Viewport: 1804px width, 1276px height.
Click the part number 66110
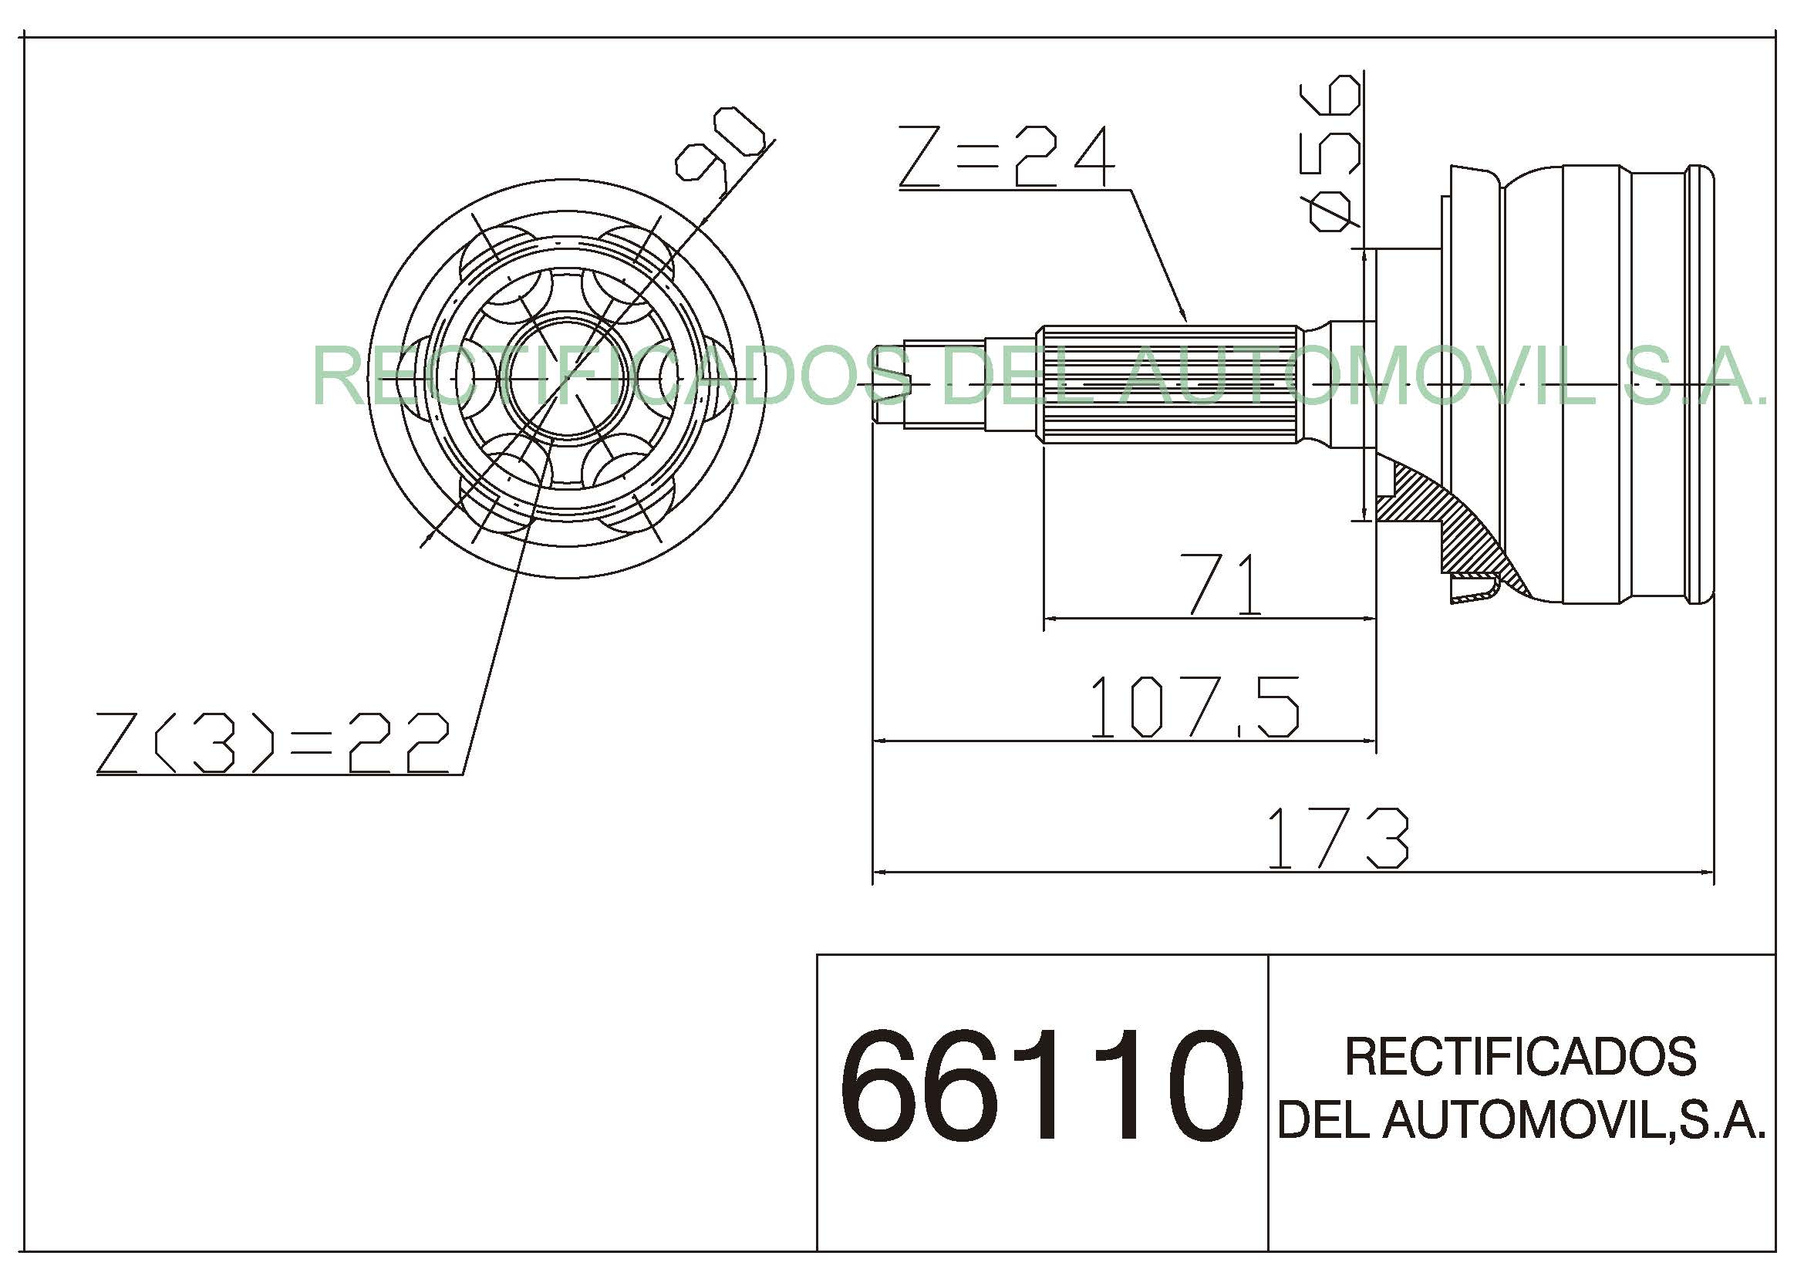[1041, 1085]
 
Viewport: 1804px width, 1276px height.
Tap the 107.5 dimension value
[1194, 707]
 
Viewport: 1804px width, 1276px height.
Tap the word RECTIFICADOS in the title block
[1520, 1057]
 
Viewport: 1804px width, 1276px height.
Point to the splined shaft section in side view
[1171, 384]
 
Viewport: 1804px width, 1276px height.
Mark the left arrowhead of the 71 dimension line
[1050, 619]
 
